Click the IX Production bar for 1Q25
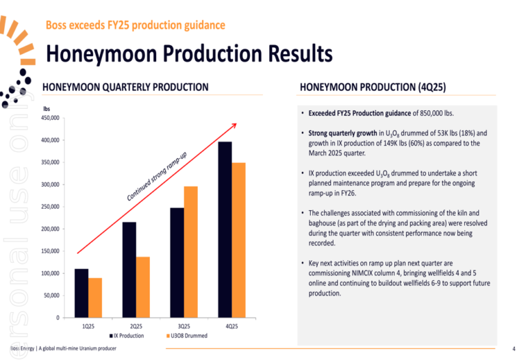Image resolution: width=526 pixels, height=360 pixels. [x=82, y=293]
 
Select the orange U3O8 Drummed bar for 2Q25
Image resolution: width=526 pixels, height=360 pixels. [x=142, y=287]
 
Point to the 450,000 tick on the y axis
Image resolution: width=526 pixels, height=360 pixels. [x=49, y=118]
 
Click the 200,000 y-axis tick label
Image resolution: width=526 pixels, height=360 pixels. [x=49, y=229]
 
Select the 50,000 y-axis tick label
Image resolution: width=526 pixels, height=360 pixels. [x=51, y=296]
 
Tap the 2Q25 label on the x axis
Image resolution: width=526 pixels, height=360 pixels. [x=136, y=326]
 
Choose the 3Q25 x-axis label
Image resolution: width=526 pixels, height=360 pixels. [x=184, y=326]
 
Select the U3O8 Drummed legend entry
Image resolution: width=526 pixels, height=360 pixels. [x=187, y=336]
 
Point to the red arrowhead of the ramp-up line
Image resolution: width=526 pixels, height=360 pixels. [x=234, y=125]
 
